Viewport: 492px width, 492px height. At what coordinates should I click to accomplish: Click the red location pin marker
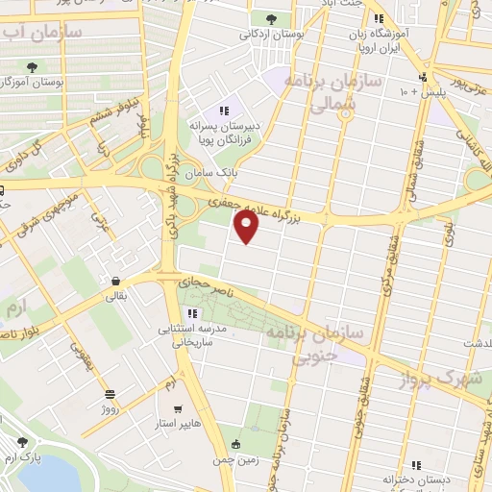point(248,227)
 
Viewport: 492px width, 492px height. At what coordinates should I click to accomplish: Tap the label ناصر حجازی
point(199,283)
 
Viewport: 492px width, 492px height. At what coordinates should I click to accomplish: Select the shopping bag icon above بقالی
point(115,282)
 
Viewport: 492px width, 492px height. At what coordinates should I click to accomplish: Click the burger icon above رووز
point(111,393)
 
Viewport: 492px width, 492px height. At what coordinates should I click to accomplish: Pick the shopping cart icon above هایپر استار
point(178,406)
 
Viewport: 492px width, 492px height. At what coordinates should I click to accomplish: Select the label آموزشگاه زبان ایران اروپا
point(403,37)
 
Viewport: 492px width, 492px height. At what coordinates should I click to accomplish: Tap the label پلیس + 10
point(423,92)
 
